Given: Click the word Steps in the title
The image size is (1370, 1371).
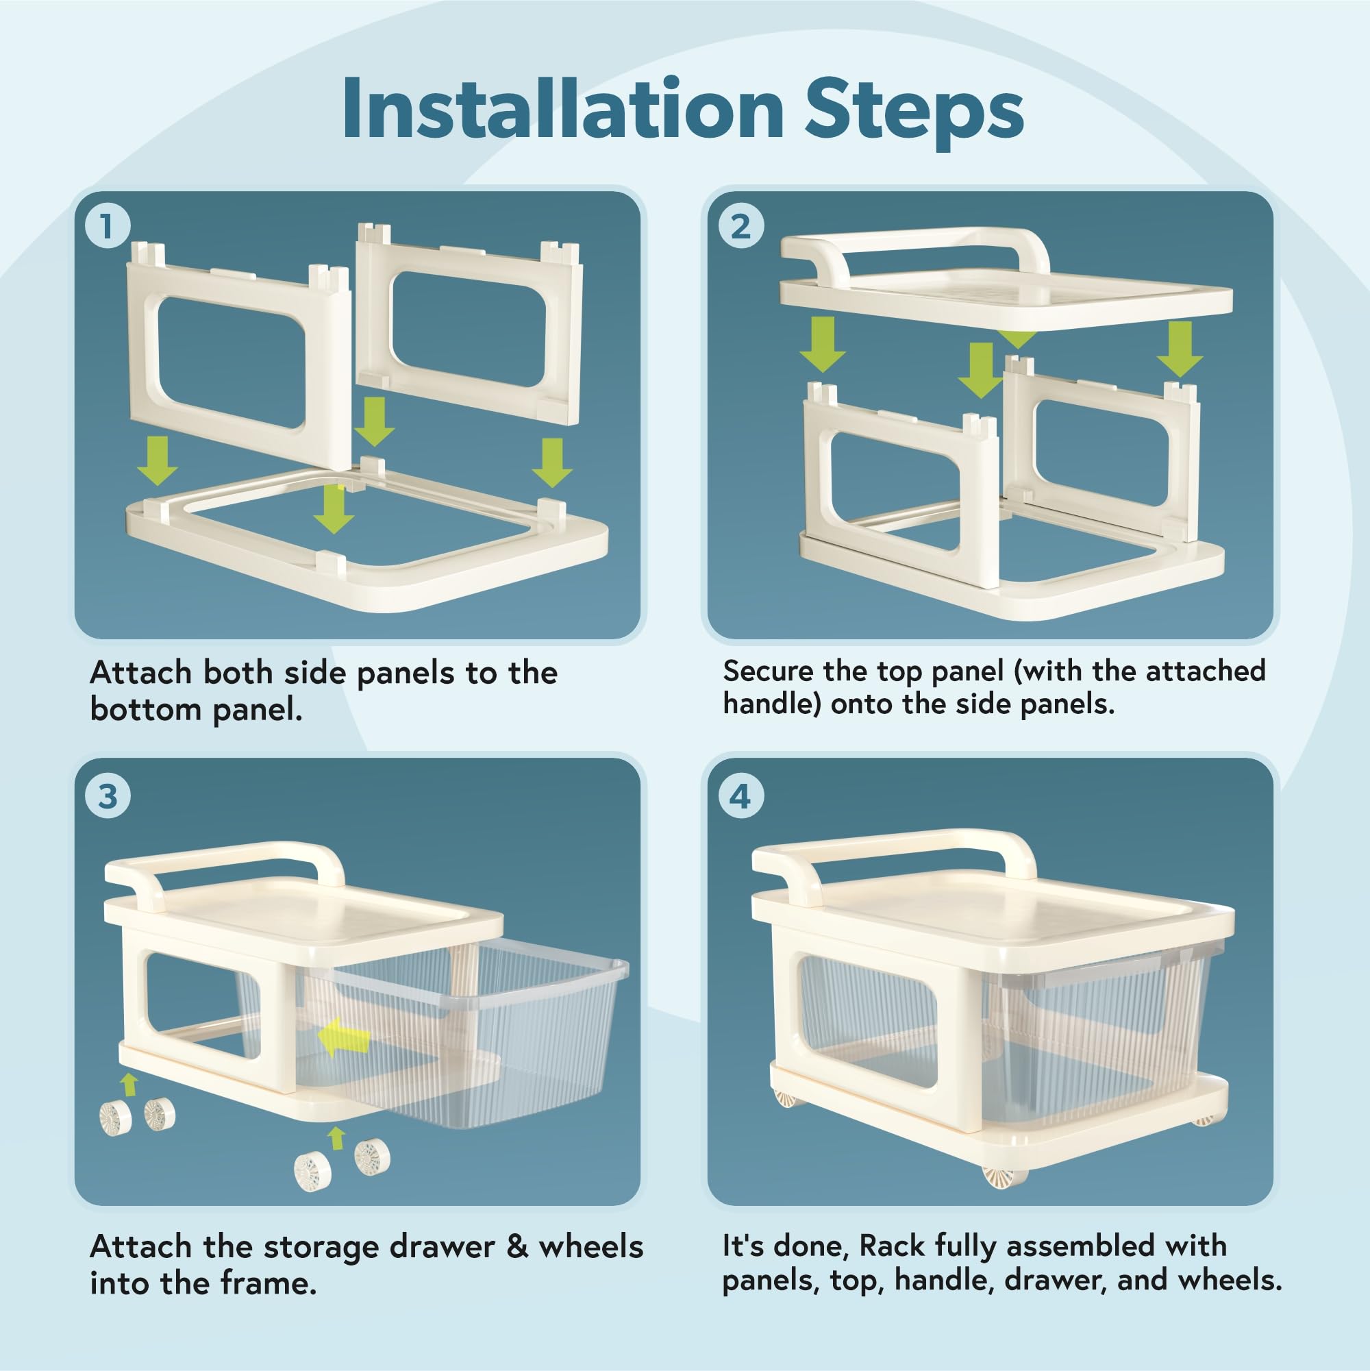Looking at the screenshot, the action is coord(914,113).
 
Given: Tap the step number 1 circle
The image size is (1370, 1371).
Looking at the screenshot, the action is coord(108,226).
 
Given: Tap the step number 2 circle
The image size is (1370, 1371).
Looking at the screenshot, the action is coord(740,226).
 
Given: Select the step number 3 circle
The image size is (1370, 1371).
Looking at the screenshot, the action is coord(108,796).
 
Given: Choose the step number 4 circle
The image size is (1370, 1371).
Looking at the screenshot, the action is coord(740,796).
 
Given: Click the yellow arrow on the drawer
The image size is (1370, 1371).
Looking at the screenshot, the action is coord(344,1037).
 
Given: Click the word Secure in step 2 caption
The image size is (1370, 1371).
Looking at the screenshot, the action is coord(768,671).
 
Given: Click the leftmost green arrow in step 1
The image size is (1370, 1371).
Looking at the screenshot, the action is coord(158,460).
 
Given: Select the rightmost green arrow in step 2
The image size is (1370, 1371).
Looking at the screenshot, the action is coord(1180,349).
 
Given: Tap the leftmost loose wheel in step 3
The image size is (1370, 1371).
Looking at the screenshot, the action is coord(116,1117).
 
